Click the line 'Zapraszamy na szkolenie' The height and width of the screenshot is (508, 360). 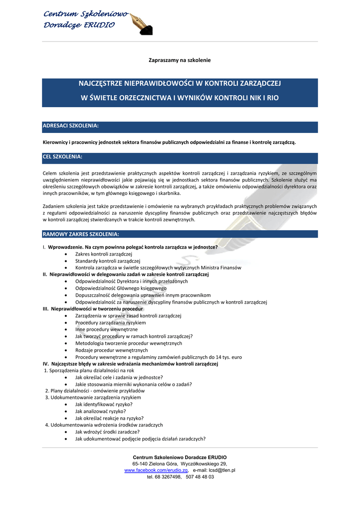coord(180,60)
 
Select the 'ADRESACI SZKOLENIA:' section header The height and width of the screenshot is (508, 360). coord(71,127)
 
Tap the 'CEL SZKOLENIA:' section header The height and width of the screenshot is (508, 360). coord(63,157)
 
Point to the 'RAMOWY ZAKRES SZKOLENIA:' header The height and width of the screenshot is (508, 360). coord(80,234)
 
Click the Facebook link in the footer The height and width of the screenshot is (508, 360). coord(156,470)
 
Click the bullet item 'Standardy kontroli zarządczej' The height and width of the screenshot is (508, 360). coord(108,260)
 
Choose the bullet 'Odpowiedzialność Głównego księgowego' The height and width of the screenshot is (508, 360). coord(121,288)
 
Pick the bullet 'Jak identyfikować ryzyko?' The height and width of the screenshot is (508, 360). coord(100,404)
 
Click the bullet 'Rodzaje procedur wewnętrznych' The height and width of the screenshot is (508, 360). coord(108,350)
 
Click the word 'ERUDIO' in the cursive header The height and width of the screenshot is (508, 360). coord(99,25)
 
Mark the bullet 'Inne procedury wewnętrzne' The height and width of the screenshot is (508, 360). coord(103,329)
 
